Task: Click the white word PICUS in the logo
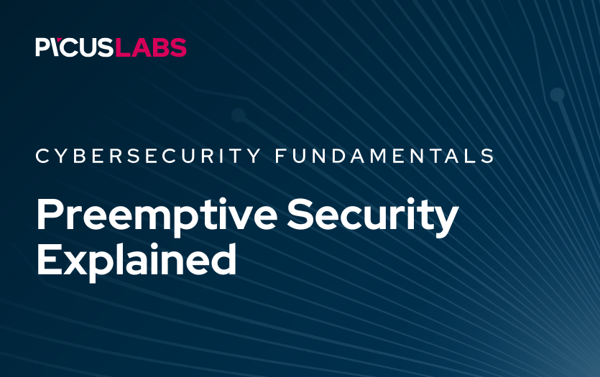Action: click(75, 47)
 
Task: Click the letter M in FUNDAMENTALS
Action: click(394, 156)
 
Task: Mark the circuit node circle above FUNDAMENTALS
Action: click(557, 94)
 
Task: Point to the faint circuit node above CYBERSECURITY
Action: click(239, 114)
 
